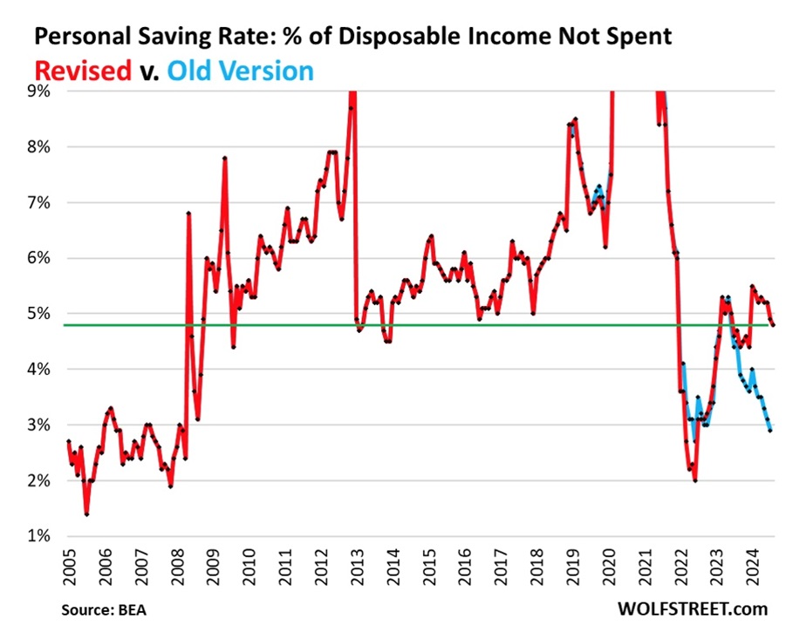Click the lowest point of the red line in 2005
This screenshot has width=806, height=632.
coord(86,514)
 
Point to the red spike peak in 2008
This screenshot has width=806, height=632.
coord(188,213)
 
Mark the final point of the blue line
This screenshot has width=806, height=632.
coord(769,431)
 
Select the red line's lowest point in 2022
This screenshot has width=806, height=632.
coord(695,480)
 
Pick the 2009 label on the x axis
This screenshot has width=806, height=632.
coord(213,565)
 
